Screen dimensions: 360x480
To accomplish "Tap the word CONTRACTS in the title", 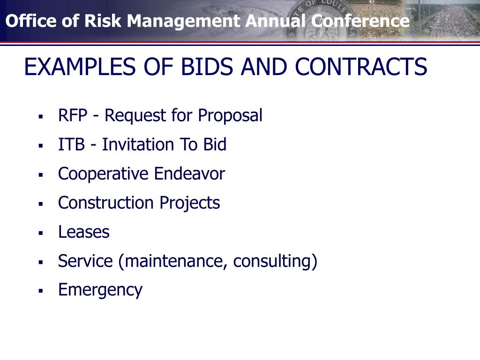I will point(361,67).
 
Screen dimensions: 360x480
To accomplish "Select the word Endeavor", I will point(189,173).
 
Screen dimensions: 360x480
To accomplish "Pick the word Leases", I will point(84,232).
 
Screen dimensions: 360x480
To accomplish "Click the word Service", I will point(85,261).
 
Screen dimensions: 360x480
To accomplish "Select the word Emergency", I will point(100,290).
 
